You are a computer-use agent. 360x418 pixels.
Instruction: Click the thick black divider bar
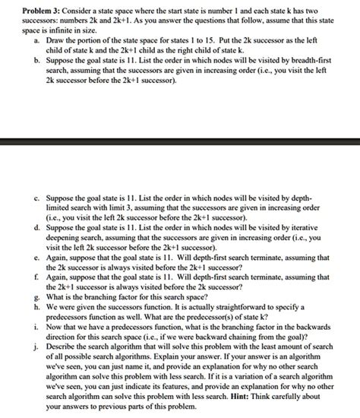(x=180, y=141)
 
